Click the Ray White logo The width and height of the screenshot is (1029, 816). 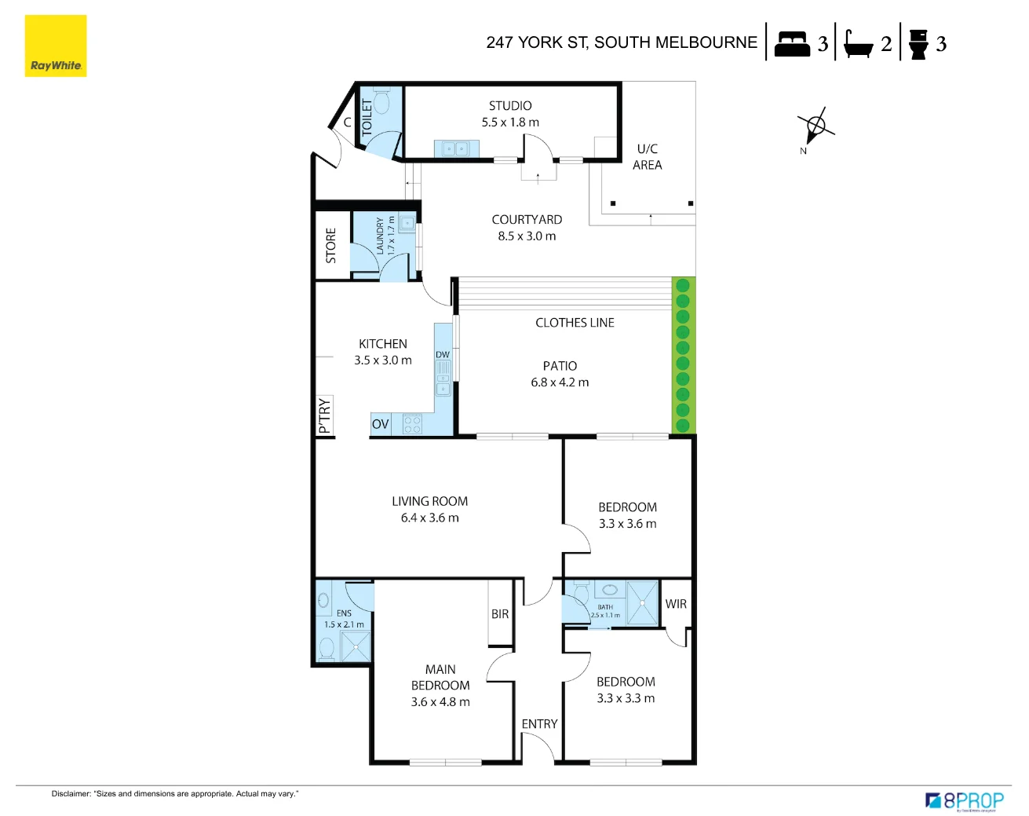point(55,46)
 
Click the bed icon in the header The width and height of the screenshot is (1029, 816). point(791,44)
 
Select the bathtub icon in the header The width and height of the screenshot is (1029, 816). point(858,45)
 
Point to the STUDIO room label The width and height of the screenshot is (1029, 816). point(510,106)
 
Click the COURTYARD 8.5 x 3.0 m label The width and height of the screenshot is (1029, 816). point(527,228)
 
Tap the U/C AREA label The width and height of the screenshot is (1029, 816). point(648,157)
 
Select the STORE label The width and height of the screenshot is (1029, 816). point(330,246)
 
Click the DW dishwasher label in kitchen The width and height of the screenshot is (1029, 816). point(443,355)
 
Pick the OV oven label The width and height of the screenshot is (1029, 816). point(381,424)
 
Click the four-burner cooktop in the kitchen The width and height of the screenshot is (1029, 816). point(413,425)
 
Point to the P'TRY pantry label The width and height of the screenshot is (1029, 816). point(325,415)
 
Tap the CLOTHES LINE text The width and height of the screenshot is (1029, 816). point(575,323)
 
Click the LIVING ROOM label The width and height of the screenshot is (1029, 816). point(429,501)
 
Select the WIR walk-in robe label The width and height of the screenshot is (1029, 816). point(676,604)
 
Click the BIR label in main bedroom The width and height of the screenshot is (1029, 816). point(500,614)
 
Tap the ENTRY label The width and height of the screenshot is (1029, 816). point(539,724)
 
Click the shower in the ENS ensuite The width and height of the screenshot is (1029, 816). point(356,646)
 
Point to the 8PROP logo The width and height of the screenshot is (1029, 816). point(965,801)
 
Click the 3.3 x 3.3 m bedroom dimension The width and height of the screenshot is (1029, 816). point(626,698)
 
